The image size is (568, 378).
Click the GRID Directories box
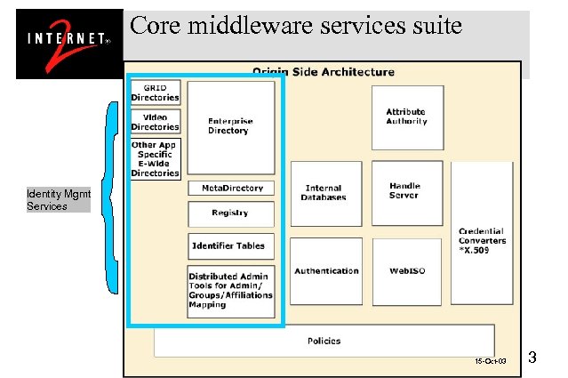tap(156, 92)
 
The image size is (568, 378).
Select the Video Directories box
tap(156, 122)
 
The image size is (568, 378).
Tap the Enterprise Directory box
tap(230, 126)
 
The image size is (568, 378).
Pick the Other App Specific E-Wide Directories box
tap(156, 158)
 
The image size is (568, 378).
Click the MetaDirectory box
tap(231, 189)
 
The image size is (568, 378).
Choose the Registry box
tap(231, 213)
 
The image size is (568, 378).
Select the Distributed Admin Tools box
tap(231, 291)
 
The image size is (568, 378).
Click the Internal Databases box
tap(325, 193)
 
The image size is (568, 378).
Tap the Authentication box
tap(326, 271)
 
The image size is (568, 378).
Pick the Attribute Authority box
tap(406, 117)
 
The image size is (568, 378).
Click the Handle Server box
tap(404, 191)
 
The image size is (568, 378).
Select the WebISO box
tap(404, 271)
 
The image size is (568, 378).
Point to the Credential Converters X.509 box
tap(482, 239)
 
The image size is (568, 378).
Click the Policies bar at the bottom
tap(324, 341)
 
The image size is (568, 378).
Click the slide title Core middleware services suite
tap(296, 26)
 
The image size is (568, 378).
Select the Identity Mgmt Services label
tap(59, 200)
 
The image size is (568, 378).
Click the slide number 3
tap(532, 358)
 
